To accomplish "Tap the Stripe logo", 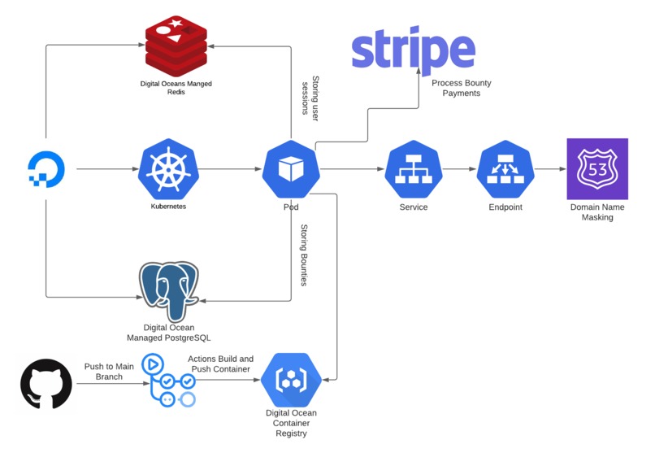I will coord(413,51).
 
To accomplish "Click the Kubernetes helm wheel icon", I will coord(168,169).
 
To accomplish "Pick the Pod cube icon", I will coord(290,169).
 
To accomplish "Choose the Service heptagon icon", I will coord(413,169).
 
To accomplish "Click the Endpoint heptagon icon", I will coord(505,169).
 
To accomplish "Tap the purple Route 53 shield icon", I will coord(597,169).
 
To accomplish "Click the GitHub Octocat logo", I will coord(46,383).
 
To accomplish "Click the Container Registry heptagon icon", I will coord(291,379).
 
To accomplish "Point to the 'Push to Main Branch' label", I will coord(108,372).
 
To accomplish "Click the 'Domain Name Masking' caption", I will coord(597,212).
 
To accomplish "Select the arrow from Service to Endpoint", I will coord(459,169).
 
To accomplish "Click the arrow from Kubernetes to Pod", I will coord(229,169).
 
